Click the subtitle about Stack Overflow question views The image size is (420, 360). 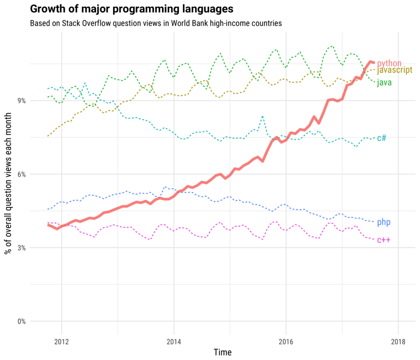point(156,23)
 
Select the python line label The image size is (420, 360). point(389,63)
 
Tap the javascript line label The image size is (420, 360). point(394,70)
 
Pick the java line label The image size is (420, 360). point(384,82)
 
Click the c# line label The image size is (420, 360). point(381,138)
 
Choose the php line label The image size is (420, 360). point(383,223)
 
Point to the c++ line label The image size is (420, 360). point(383,240)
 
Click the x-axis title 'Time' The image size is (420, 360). point(222,352)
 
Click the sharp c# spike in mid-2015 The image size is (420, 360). point(262,117)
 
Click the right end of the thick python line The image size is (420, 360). point(373,62)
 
